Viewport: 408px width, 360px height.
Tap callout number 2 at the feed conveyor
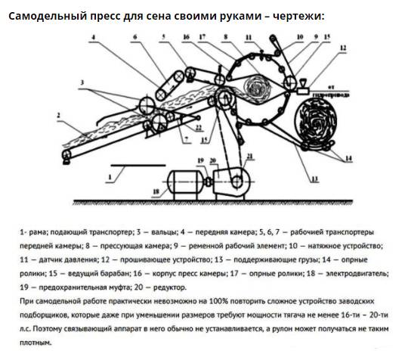pyautogui.click(x=57, y=115)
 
